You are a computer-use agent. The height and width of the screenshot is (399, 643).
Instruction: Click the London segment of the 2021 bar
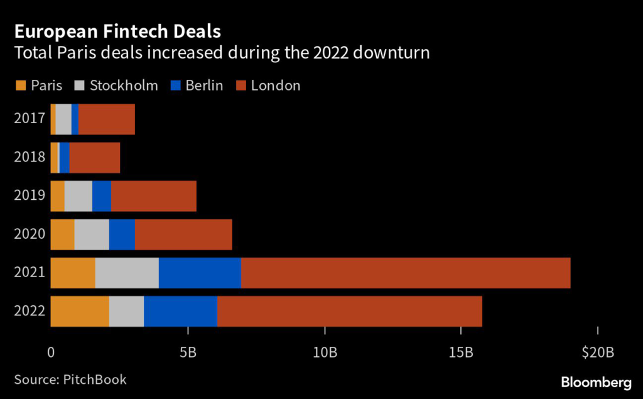(406, 273)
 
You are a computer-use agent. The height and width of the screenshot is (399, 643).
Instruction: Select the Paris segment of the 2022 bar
(80, 311)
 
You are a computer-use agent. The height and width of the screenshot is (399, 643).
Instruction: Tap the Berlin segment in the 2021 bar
(200, 273)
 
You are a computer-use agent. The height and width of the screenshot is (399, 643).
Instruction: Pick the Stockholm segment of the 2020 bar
(92, 234)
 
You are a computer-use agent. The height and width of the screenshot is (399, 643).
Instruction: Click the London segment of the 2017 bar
(107, 119)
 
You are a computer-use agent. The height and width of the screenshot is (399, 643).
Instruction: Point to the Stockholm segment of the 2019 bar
(78, 196)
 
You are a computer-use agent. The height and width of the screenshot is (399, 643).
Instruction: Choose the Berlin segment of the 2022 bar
(180, 311)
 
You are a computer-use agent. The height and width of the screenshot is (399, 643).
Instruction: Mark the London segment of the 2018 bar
(94, 158)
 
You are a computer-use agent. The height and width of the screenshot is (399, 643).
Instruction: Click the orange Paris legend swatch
(19, 85)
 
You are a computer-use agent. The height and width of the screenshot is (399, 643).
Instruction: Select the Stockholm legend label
(124, 85)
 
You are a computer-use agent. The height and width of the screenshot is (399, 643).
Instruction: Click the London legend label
(276, 85)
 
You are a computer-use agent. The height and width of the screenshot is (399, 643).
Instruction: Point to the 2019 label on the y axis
(30, 196)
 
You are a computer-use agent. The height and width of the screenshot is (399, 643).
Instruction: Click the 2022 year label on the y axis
(30, 311)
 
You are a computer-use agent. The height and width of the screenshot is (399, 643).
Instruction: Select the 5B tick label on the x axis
(188, 353)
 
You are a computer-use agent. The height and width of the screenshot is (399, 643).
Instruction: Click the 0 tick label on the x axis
(51, 353)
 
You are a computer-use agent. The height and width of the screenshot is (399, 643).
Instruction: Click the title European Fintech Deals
(117, 31)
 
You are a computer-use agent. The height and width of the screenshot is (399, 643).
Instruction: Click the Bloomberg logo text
(596, 382)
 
